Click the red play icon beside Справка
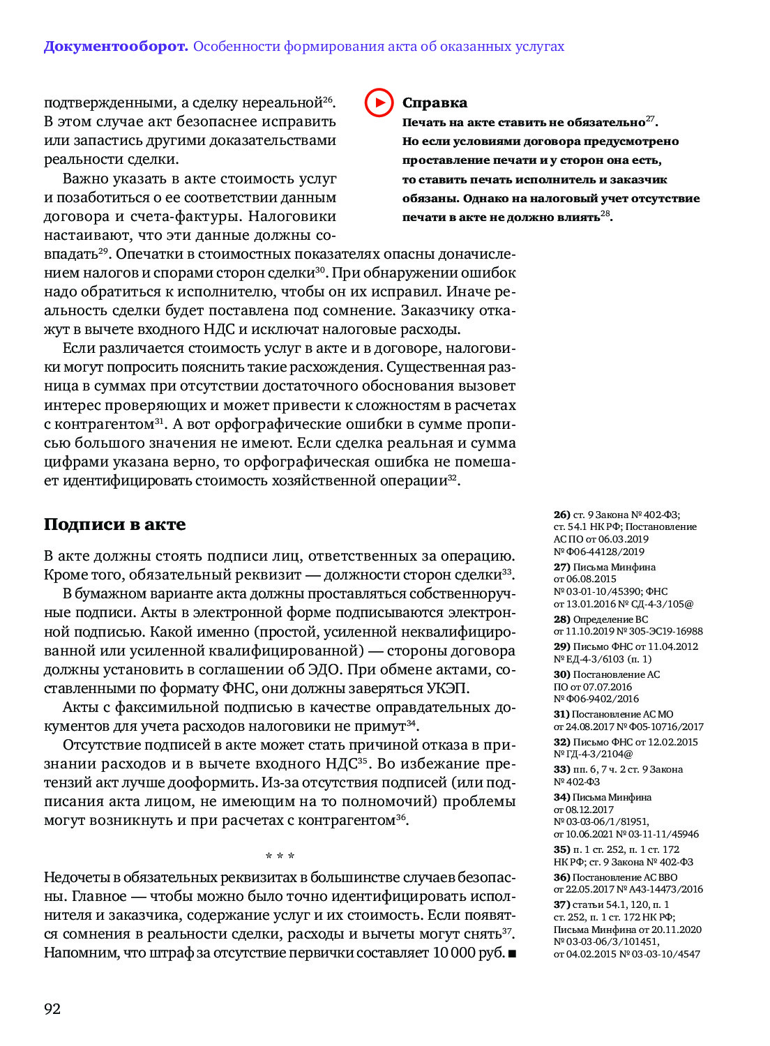(x=379, y=103)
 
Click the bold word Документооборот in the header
(x=116, y=47)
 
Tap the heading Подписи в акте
(x=114, y=524)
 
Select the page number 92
(x=52, y=1008)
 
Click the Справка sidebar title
(x=435, y=103)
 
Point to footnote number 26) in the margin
(x=561, y=515)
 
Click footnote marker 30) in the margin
(x=561, y=674)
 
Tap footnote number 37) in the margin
(x=561, y=904)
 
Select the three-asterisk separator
(x=280, y=856)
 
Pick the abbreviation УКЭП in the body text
(x=447, y=688)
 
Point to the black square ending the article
(x=513, y=953)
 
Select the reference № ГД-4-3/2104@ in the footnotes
(x=594, y=754)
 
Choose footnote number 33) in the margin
(x=561, y=769)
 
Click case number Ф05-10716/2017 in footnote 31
(x=665, y=727)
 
